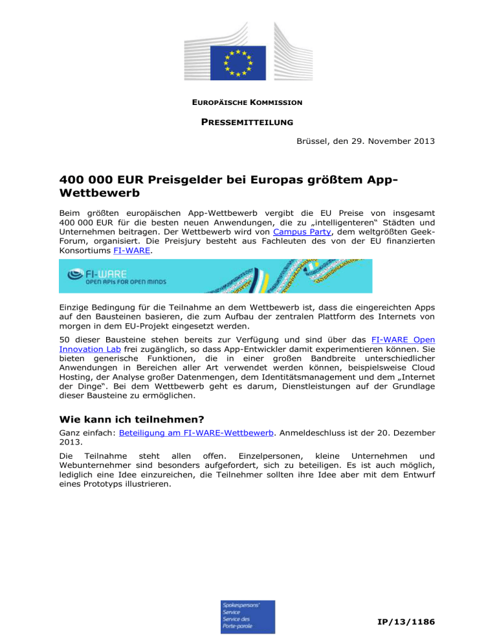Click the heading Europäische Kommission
[248, 103]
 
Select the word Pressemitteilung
[248, 121]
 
